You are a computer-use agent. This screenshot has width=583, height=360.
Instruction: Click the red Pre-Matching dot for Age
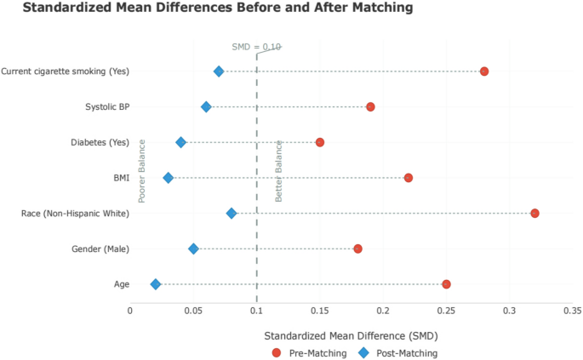[x=446, y=284]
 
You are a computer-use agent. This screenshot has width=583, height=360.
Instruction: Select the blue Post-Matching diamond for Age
[x=155, y=284]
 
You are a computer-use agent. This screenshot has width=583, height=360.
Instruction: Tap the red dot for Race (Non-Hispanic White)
[x=534, y=213]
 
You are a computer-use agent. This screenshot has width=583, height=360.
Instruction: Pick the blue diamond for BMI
[x=168, y=178]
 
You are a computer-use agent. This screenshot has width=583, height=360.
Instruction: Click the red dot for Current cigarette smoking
[x=484, y=71]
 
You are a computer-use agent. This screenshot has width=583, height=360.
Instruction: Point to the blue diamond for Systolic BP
[x=206, y=107]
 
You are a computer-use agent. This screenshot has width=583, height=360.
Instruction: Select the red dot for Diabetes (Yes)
[x=320, y=142]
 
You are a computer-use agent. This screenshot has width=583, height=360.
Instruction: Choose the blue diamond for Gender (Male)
[x=193, y=249]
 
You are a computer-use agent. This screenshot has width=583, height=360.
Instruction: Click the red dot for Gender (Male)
[x=357, y=249]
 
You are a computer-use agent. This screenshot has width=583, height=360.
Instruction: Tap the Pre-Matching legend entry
[x=310, y=352]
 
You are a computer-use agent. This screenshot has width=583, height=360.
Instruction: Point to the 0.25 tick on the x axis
[x=446, y=311]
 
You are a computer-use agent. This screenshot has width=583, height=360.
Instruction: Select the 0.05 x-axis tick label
[x=193, y=311]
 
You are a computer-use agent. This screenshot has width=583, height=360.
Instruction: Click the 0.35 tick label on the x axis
[x=572, y=311]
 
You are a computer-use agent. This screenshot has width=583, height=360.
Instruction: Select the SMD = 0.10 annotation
[x=256, y=47]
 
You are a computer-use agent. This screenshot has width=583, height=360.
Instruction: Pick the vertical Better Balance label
[x=278, y=170]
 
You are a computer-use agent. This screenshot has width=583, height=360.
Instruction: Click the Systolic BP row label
[x=107, y=107]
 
